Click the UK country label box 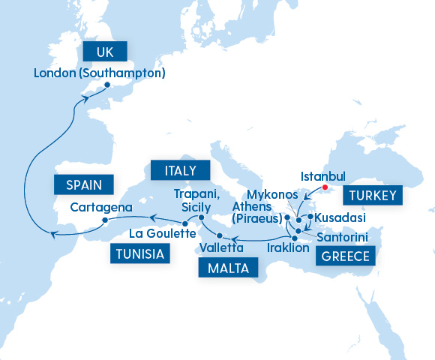105,51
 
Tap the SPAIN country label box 82,184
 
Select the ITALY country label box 180,171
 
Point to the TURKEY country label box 373,196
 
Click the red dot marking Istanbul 325,187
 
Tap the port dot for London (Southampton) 106,85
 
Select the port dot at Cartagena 106,220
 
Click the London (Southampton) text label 100,73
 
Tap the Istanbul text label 322,176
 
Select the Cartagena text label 101,207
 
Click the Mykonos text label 267,194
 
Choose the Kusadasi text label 340,217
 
